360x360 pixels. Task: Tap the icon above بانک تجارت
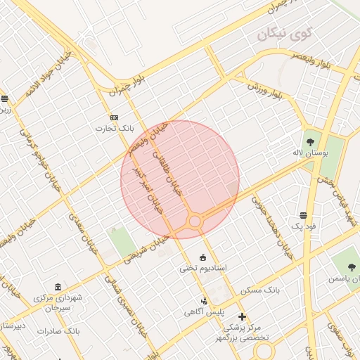[115, 117]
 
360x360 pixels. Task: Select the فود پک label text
[303, 227]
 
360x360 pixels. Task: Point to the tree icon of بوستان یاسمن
[352, 266]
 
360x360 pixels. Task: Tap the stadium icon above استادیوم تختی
[204, 257]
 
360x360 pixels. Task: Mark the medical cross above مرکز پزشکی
[243, 316]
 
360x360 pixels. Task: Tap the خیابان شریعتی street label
[147, 250]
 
